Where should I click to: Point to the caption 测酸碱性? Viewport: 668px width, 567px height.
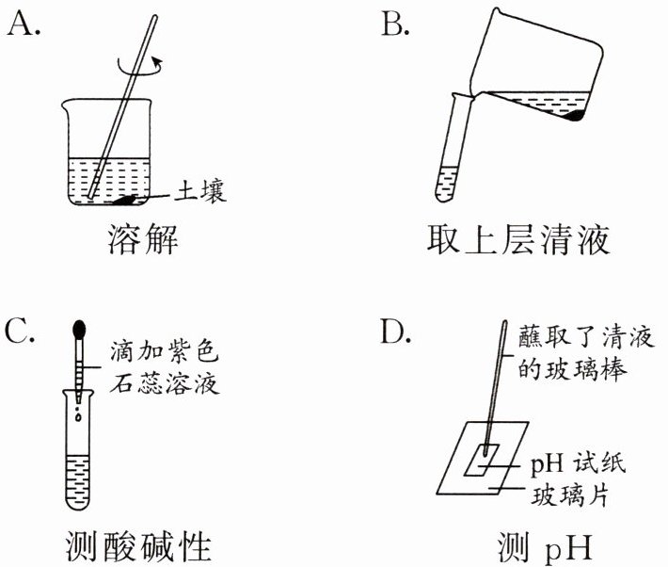tap(142, 545)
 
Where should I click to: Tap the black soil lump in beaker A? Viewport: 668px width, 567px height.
tap(126, 200)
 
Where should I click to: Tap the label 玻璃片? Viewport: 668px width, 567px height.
tap(565, 490)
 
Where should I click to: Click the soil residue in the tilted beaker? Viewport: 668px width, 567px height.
tap(575, 116)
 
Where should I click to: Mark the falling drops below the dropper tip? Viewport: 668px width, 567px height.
tap(79, 412)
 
